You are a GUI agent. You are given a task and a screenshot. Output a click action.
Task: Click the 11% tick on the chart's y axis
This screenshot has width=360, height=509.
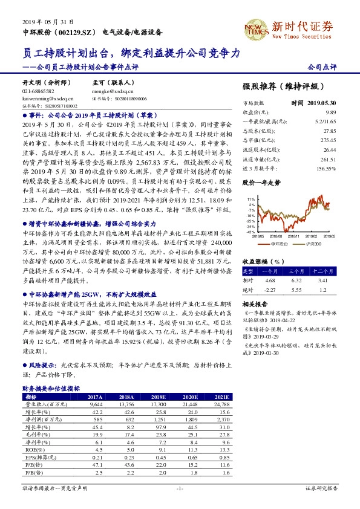coord(250,198)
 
